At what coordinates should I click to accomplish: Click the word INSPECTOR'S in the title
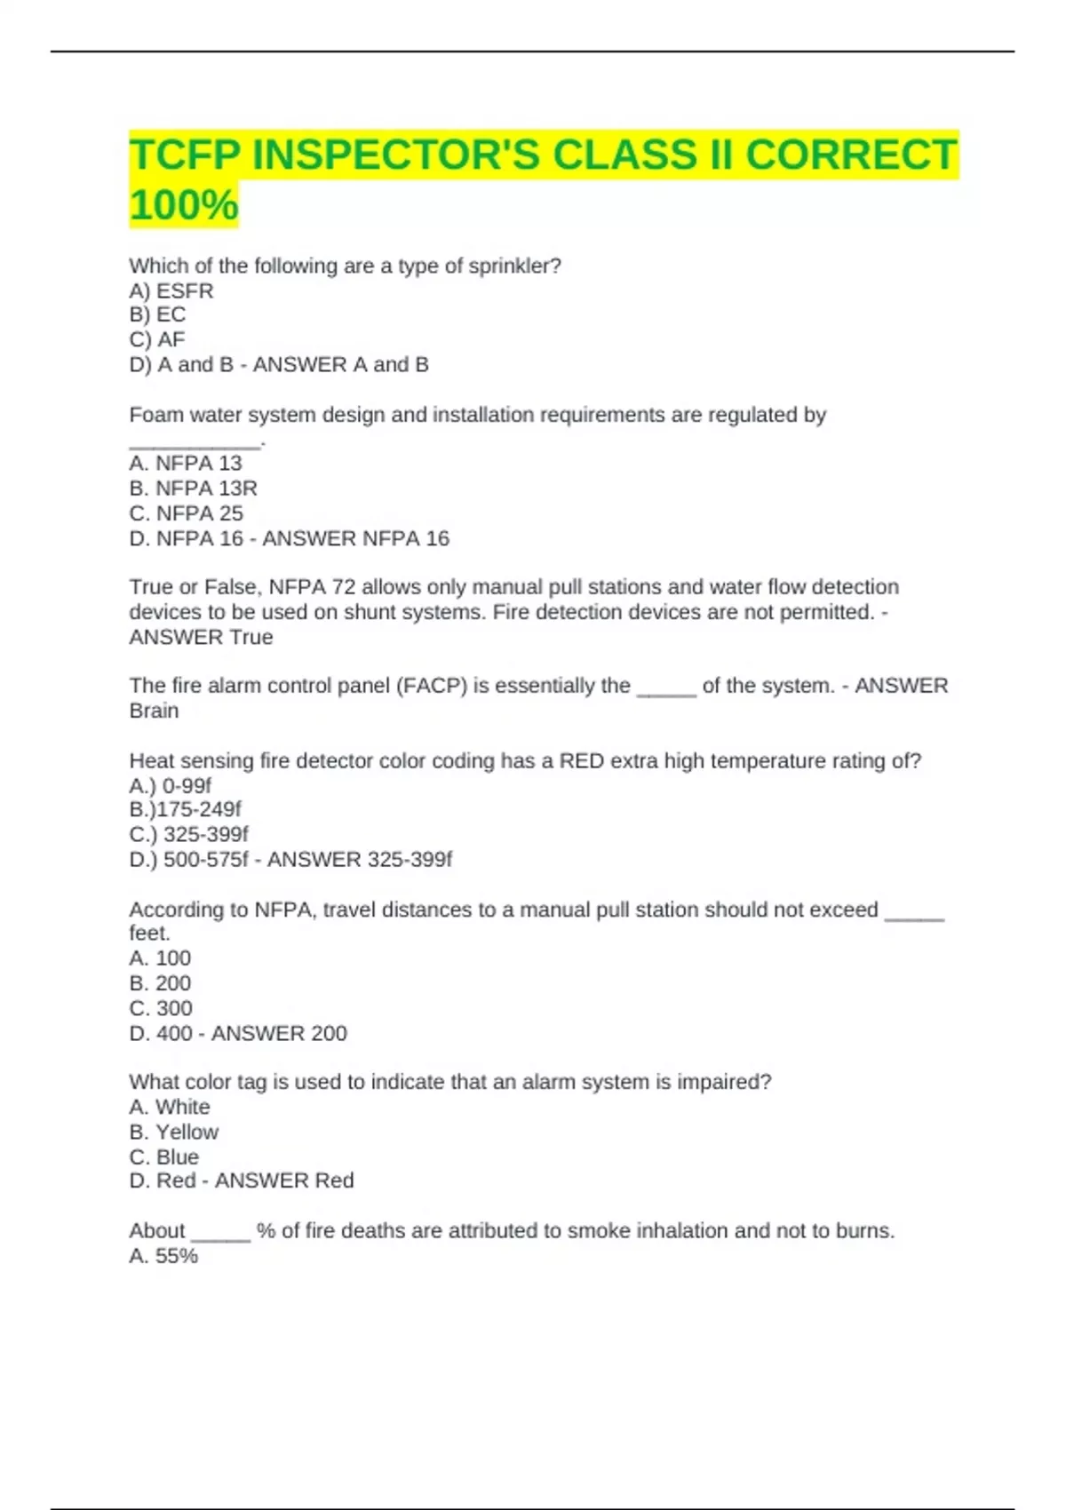point(396,155)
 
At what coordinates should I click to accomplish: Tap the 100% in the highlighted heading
point(184,205)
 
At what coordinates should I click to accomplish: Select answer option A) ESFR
point(171,290)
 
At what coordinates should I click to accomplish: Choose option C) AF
point(157,339)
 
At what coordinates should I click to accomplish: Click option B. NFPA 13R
point(193,488)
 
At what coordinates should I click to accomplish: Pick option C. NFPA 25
point(186,513)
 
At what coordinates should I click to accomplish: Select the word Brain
point(154,711)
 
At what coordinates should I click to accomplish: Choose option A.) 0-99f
point(171,785)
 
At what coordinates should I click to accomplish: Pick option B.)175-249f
point(185,809)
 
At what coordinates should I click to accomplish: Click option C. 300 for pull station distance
point(161,1008)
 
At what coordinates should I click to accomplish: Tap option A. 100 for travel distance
point(160,958)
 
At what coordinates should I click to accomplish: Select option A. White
point(170,1107)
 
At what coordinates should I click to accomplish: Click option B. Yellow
point(174,1132)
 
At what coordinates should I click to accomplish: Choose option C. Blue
point(164,1156)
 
